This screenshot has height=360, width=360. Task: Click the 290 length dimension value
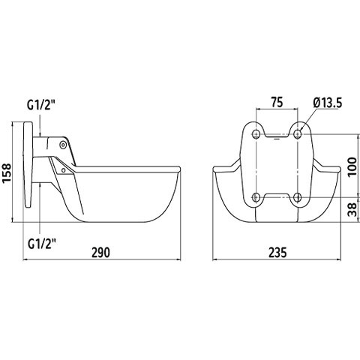pos(100,252)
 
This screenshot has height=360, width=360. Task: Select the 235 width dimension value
pos(277,252)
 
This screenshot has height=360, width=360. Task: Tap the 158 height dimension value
pos(7,173)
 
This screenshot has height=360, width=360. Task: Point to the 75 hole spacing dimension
pos(277,102)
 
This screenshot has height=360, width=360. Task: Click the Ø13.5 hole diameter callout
pos(328,103)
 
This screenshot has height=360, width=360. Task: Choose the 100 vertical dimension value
pos(352,166)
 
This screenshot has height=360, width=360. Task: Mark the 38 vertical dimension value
pos(352,209)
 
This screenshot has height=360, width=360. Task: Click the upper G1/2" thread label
pos(41,105)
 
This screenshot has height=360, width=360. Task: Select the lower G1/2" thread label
pos(41,244)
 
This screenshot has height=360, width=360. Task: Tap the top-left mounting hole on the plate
pos(256,134)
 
